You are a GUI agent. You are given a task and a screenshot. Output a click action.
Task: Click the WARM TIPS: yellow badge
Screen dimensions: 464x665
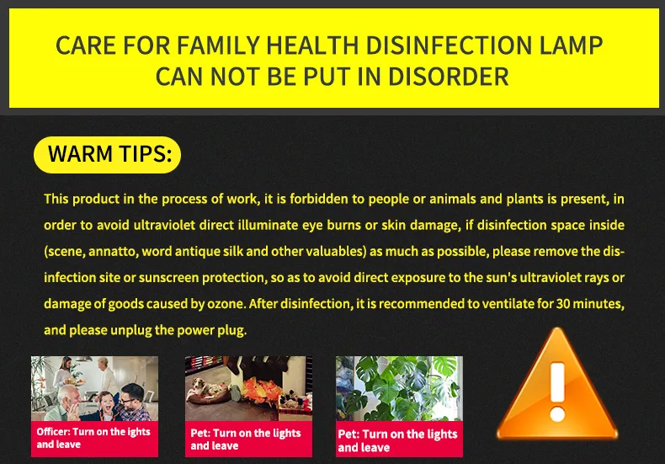pos(107,155)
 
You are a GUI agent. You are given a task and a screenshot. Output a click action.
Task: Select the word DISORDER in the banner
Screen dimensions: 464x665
pos(448,77)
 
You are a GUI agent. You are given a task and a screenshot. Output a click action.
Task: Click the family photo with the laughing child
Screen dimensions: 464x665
pos(94,389)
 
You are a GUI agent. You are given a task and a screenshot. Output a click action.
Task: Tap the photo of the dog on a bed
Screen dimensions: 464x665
pos(247,389)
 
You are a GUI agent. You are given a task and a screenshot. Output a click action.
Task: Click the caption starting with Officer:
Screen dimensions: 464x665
pos(93,438)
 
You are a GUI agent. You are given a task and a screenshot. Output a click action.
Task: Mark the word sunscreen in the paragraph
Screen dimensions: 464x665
pos(210,278)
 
